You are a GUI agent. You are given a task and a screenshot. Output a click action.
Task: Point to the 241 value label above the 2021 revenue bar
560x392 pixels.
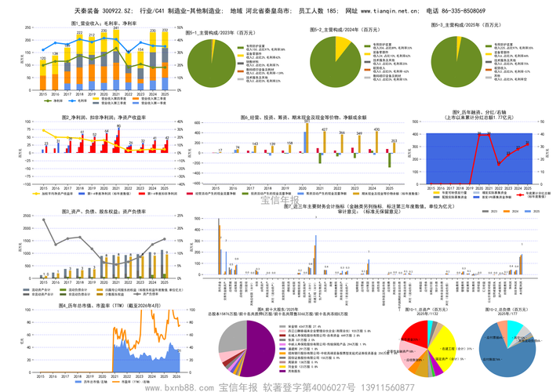[116, 29]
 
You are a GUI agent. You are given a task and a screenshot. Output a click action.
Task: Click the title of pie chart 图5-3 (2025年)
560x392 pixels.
[466, 25]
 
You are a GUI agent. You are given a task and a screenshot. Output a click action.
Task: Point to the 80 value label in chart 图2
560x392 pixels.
[118, 126]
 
